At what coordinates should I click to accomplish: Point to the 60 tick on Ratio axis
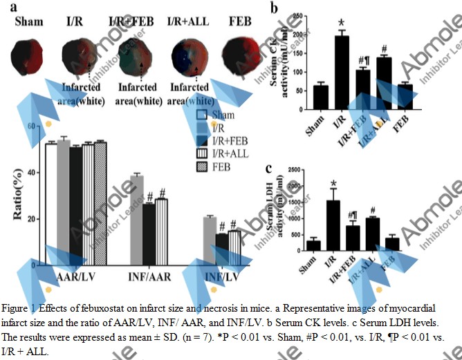[x=29, y=127]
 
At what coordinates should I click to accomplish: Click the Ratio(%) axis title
[x=15, y=199]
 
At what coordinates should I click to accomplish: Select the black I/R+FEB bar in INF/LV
[x=221, y=249]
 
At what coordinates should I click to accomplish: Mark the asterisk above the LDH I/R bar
[x=333, y=184]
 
